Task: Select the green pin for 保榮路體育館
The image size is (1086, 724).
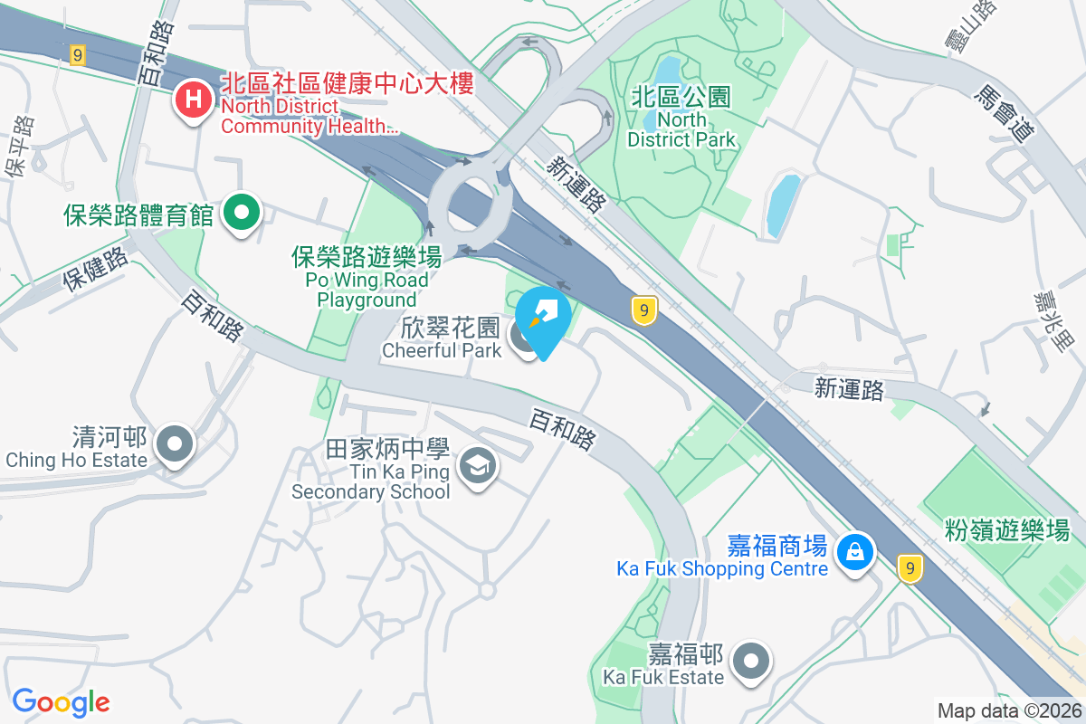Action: [242, 214]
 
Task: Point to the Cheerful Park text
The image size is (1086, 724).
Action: [442, 349]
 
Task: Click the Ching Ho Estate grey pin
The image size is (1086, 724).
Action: [175, 443]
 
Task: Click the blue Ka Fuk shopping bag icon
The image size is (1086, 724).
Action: [853, 549]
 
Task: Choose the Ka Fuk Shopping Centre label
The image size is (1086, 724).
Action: [722, 568]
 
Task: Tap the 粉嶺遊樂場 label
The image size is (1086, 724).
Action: [1005, 529]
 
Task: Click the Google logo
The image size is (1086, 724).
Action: [61, 702]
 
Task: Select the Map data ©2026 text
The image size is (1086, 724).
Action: [1008, 710]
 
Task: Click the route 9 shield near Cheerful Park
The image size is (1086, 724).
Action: [643, 310]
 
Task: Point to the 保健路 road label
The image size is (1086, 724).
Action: [95, 270]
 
